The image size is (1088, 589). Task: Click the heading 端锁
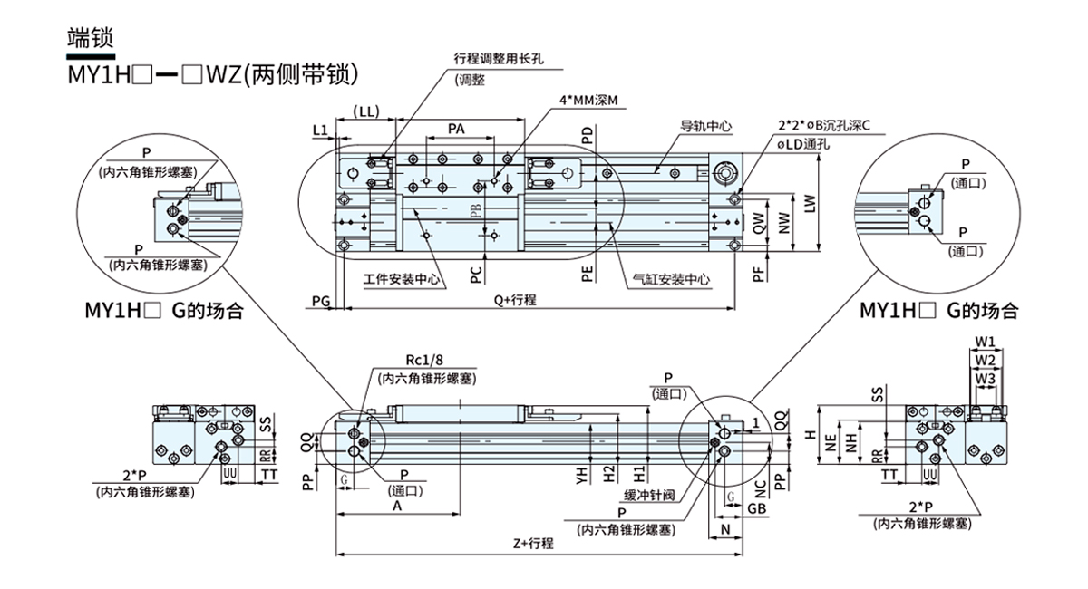(x=90, y=37)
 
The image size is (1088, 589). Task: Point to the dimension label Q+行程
(x=514, y=300)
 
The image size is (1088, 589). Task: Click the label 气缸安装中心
(x=671, y=280)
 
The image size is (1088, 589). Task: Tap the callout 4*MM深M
(x=588, y=101)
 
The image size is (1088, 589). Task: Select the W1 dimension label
(x=986, y=343)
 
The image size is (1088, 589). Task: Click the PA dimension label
(x=457, y=129)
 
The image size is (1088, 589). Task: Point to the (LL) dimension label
(x=366, y=112)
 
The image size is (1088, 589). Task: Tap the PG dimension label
(x=320, y=300)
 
